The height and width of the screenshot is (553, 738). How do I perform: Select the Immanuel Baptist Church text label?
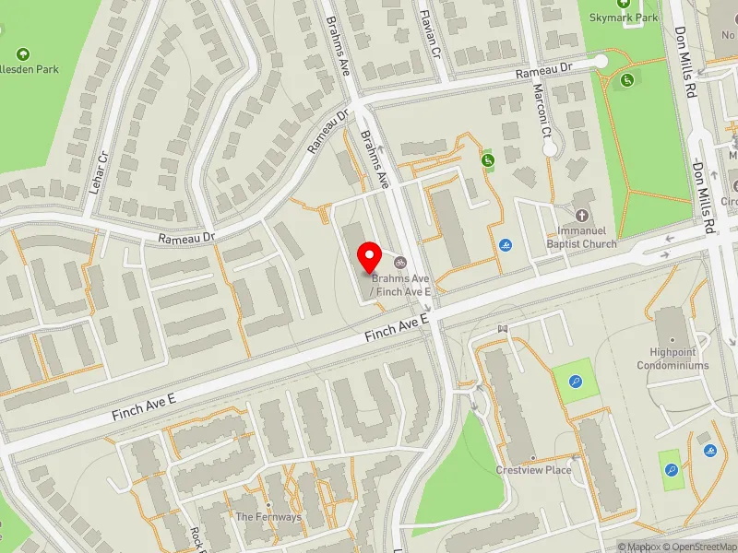[581, 238]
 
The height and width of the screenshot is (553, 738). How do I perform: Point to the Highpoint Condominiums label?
[673, 359]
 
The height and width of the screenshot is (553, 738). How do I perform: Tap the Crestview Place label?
[533, 470]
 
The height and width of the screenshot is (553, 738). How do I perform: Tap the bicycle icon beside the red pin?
[400, 261]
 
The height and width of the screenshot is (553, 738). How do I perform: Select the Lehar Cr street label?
[101, 170]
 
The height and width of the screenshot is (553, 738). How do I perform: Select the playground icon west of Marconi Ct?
[487, 161]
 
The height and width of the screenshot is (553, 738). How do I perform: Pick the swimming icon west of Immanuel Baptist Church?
[506, 245]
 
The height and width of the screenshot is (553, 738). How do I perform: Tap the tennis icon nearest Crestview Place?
[576, 382]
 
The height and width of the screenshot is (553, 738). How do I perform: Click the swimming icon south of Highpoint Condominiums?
[709, 451]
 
